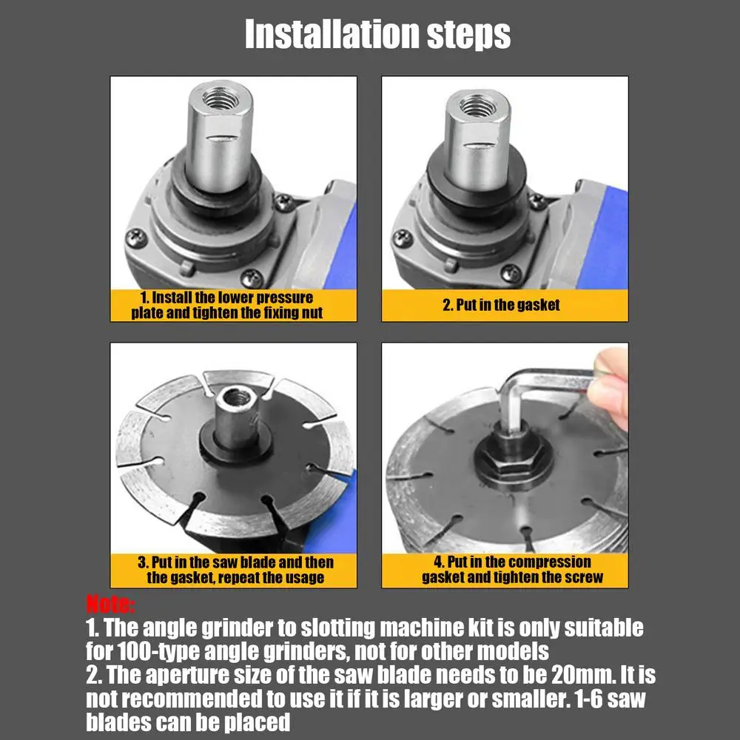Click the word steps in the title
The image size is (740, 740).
[x=468, y=36]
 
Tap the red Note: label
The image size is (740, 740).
[x=110, y=604]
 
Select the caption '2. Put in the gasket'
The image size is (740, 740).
[x=501, y=305]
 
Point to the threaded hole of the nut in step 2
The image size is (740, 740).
[x=477, y=106]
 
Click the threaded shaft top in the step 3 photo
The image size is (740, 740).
[x=236, y=398]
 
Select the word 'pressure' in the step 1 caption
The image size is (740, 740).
[x=285, y=297]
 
